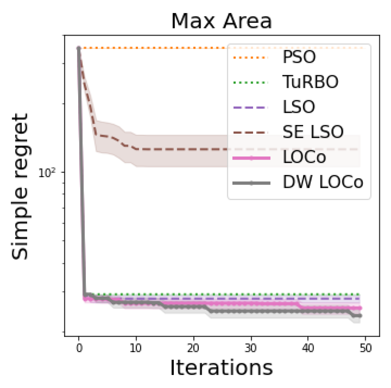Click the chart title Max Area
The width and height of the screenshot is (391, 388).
(221, 21)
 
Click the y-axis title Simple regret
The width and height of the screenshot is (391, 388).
(20, 186)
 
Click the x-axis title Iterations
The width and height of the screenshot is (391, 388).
(221, 367)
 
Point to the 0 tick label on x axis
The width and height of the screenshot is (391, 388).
(79, 348)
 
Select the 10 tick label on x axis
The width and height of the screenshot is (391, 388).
(136, 348)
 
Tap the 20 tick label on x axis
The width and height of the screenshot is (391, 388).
(193, 348)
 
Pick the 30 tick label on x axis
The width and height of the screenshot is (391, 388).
(251, 348)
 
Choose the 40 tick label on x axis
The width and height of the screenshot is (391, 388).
(308, 348)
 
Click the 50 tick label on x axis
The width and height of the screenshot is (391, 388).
(365, 348)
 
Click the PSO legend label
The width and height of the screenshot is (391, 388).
(299, 57)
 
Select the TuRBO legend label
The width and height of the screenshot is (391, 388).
(310, 82)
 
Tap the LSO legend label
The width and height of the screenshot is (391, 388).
(298, 107)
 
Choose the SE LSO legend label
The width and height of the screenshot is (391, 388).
(313, 132)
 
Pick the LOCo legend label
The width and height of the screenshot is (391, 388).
(304, 157)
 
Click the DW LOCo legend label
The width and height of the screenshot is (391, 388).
(323, 183)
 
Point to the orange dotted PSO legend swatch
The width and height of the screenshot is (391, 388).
(251, 58)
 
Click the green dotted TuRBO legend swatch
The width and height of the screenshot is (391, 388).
(251, 83)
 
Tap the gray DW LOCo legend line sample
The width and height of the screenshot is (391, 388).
(251, 183)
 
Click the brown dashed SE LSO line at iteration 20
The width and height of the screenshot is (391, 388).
(193, 149)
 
